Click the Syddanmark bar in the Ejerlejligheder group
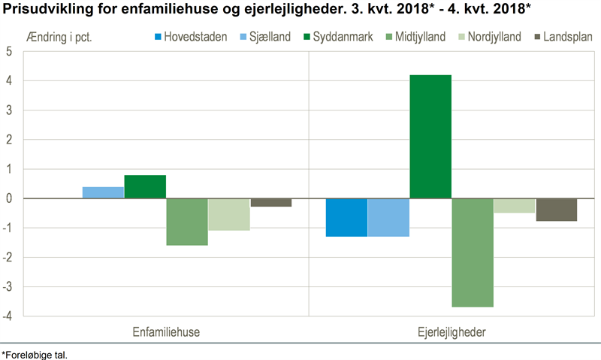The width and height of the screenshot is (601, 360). (x=430, y=137)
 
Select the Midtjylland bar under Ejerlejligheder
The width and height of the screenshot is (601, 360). (x=473, y=253)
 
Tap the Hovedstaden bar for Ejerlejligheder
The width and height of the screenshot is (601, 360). (x=346, y=217)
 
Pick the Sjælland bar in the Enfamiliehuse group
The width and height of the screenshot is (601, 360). (x=103, y=192)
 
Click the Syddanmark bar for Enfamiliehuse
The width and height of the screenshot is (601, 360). (x=145, y=186)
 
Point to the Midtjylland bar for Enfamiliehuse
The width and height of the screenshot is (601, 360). (x=187, y=222)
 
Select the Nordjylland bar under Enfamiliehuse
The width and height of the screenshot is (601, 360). (x=229, y=214)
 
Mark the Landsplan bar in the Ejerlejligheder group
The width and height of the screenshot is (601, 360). (x=557, y=210)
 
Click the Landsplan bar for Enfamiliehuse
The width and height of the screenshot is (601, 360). (x=271, y=202)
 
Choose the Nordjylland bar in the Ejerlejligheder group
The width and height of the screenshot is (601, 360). (x=515, y=206)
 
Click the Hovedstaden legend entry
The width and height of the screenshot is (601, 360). (x=191, y=37)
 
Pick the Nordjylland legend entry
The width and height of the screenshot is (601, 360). (x=492, y=37)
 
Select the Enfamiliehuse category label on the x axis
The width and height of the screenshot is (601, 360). (x=166, y=331)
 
